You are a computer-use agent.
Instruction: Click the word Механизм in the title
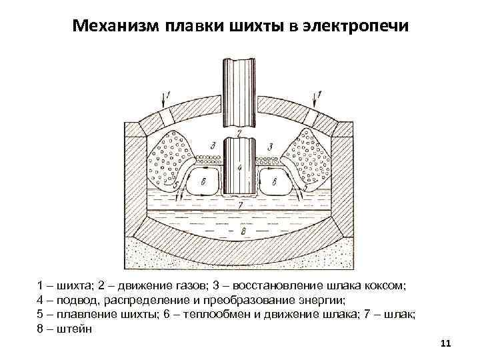click(x=113, y=26)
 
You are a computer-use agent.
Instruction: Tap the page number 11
click(x=447, y=343)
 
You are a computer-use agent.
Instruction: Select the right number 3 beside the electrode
click(x=270, y=146)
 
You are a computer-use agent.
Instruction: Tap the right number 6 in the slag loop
click(x=275, y=181)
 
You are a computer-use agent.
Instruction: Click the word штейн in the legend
click(x=75, y=328)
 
